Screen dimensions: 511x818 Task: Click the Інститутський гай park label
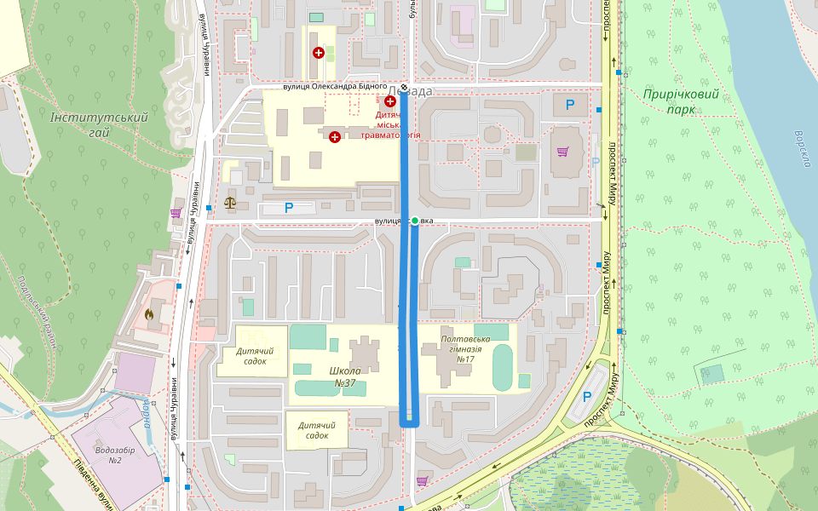pos(99,125)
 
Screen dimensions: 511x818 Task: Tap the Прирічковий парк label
pos(681,101)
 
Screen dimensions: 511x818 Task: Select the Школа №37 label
pos(345,376)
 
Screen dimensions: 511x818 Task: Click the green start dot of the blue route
pos(415,221)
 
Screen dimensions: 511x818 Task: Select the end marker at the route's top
pos(404,88)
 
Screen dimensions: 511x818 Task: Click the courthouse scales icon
pos(229,203)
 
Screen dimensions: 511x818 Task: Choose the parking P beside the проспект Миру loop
pos(586,397)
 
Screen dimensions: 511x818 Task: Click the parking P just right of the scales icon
pos(288,207)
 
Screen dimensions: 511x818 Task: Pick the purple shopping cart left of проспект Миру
pos(562,152)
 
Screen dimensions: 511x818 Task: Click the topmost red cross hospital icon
pos(319,53)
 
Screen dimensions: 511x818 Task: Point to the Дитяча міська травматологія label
pos(391,124)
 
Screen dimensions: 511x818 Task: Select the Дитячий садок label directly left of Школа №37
pos(254,356)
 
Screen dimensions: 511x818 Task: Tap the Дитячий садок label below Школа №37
pos(316,429)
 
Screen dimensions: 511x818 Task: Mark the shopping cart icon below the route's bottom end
pos(422,481)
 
